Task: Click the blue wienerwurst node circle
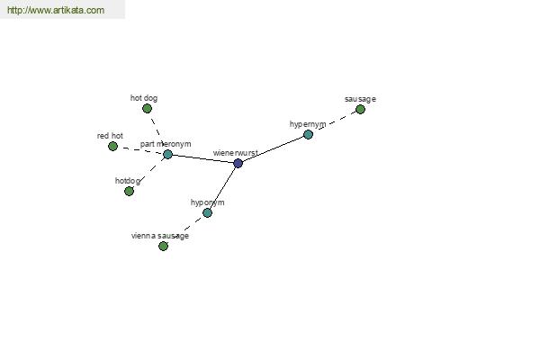(238, 163)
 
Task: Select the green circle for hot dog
(147, 109)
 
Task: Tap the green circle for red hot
(112, 147)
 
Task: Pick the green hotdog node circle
(129, 191)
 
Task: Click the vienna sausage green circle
(163, 246)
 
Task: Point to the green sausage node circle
(360, 110)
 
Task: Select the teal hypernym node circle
(308, 134)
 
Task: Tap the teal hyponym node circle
(207, 213)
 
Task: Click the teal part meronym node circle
(167, 154)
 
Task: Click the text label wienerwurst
(236, 153)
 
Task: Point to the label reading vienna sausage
(160, 236)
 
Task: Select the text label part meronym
(166, 144)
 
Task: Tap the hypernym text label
(308, 124)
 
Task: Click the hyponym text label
(208, 202)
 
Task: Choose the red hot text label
(110, 136)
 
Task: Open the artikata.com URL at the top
(56, 10)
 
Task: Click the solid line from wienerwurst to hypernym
(273, 148)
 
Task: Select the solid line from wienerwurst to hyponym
(222, 188)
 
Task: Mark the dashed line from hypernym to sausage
(337, 121)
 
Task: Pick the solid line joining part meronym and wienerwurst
(202, 158)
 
